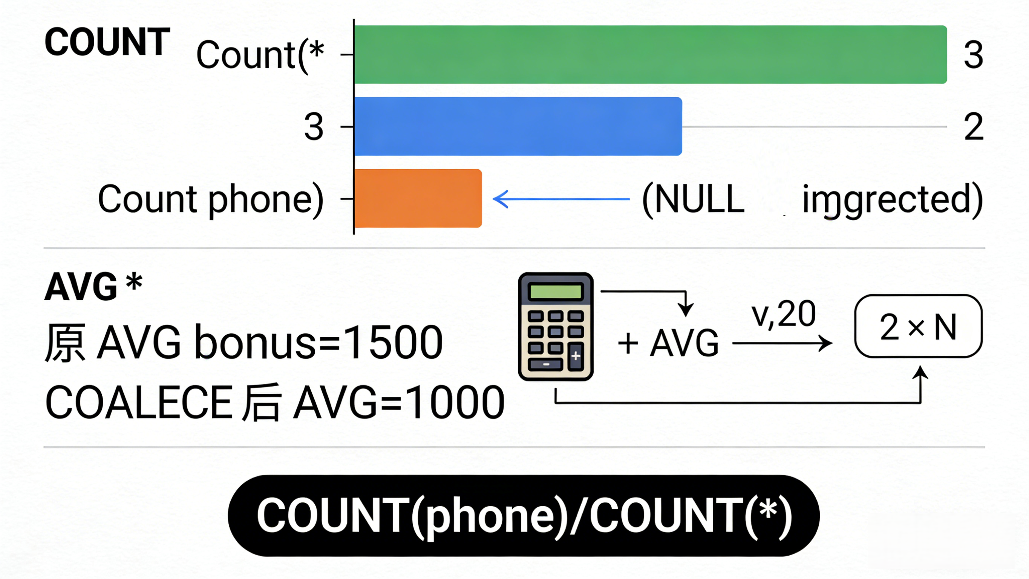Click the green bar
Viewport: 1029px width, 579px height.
point(650,54)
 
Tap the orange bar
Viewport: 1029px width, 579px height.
point(418,198)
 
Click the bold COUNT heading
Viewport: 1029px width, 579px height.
point(107,42)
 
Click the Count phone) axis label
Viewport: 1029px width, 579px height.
point(211,199)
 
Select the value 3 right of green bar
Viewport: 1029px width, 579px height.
point(973,55)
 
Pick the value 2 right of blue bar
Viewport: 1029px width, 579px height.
point(974,127)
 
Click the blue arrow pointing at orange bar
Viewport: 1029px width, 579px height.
point(561,199)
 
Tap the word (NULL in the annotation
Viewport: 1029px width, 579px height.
point(694,199)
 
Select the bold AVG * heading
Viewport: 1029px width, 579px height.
point(93,286)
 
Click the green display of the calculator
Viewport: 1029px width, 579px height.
point(555,292)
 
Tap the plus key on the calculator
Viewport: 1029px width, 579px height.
point(576,356)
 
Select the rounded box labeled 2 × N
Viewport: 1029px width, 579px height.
point(918,326)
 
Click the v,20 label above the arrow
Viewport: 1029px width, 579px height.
point(783,314)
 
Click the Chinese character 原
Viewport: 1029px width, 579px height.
point(65,342)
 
